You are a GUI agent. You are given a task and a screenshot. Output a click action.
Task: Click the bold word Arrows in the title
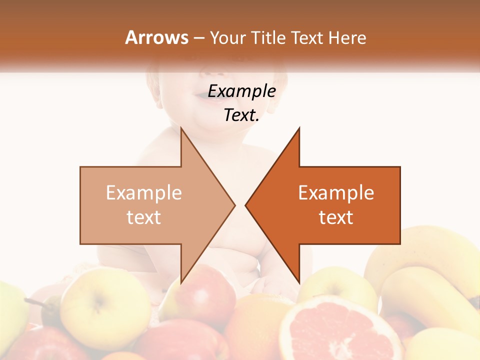156,37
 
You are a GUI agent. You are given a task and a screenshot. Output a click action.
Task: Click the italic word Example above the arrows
241,91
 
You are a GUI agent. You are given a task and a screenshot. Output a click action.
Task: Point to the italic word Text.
241,115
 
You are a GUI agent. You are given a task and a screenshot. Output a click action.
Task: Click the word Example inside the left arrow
144,193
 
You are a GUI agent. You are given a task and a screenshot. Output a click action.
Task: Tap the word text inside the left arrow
144,217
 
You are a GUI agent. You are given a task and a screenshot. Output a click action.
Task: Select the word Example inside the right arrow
336,193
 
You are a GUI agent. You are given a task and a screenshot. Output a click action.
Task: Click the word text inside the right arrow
336,217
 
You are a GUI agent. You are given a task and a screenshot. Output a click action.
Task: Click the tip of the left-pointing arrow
246,205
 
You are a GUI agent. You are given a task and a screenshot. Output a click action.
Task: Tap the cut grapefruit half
340,330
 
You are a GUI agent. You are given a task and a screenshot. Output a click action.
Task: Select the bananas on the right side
425,280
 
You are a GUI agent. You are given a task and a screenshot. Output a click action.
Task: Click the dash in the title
199,38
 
